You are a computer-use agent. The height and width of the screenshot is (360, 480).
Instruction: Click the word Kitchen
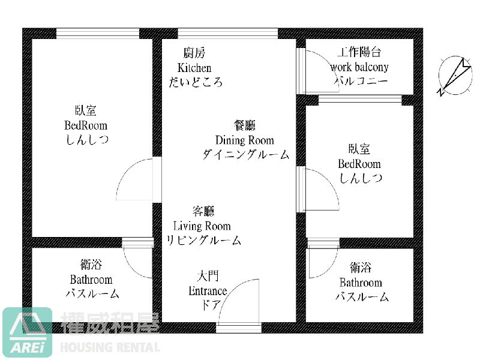[194, 68]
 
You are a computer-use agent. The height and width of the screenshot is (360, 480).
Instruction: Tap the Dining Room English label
[244, 140]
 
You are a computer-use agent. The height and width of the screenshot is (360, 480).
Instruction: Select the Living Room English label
[202, 226]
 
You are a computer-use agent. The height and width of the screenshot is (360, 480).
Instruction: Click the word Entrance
[208, 291]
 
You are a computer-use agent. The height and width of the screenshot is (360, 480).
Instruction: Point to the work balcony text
[359, 67]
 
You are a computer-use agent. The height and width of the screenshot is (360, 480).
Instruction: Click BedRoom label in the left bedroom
[86, 125]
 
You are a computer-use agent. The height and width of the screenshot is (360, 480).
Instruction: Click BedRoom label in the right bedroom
[359, 164]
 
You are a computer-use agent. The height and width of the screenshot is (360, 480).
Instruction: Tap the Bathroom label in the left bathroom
[91, 280]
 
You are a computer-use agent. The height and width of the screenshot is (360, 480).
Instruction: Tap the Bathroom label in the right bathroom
[361, 283]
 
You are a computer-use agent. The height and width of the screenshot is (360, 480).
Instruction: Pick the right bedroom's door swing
[318, 189]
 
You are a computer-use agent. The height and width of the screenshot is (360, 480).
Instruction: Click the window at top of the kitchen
[227, 33]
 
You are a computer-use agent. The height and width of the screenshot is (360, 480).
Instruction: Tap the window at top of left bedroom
[97, 33]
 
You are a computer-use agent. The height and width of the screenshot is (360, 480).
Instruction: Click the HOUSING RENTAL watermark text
[110, 347]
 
